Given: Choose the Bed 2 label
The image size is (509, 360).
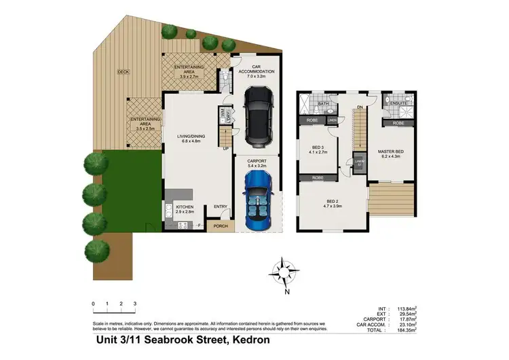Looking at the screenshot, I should coord(332,201).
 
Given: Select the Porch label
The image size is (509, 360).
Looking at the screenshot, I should coord(220,226).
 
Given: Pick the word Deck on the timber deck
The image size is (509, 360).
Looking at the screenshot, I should coord(123,71).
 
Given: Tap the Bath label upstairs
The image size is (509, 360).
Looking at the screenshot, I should coord(324,104).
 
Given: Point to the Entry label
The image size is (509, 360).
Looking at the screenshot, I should coord(220,207).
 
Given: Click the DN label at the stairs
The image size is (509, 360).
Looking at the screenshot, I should coord(360,107).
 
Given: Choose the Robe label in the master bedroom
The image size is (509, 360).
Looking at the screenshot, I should coord(398,123).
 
